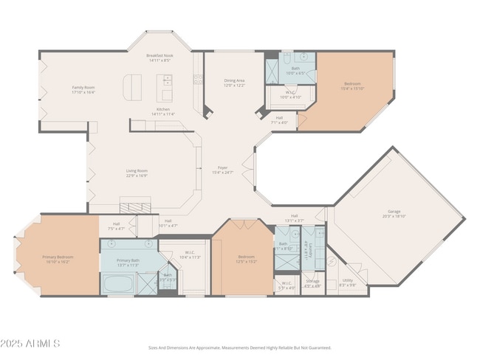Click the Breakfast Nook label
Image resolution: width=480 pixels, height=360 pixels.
[x=160, y=56]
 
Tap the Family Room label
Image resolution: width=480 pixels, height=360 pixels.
[x=83, y=87]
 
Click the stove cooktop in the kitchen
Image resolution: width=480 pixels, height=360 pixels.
[x=198, y=80]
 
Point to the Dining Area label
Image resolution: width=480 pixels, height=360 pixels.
[x=235, y=80]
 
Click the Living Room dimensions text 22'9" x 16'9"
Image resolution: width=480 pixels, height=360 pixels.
[x=137, y=176]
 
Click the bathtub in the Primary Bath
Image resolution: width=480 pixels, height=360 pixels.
[x=119, y=283]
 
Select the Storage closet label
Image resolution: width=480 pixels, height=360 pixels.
[x=313, y=280]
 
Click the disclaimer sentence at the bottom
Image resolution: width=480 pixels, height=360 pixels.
[x=239, y=347]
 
